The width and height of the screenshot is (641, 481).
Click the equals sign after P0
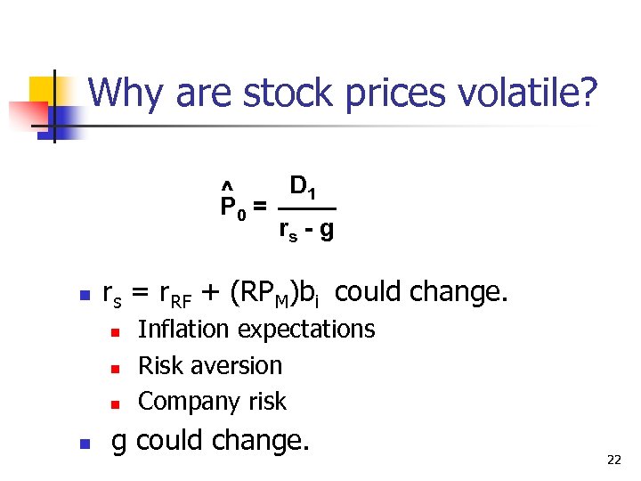pyautogui.click(x=259, y=207)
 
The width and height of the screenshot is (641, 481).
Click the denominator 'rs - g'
pyautogui.click(x=306, y=231)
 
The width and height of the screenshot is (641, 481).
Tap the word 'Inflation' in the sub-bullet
pyautogui.click(x=183, y=330)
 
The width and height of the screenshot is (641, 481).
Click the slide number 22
pyautogui.click(x=613, y=460)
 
